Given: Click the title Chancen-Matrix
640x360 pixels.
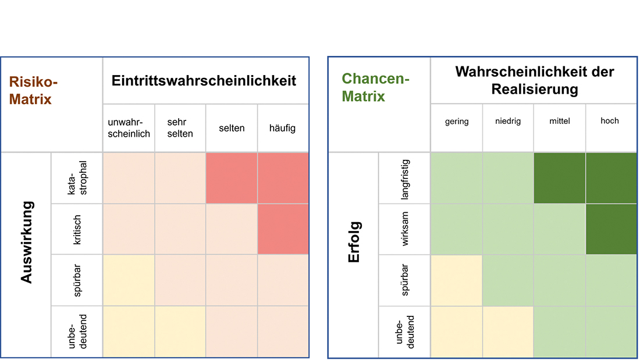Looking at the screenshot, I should tap(375, 87).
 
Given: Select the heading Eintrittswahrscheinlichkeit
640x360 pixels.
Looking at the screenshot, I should tap(204, 80).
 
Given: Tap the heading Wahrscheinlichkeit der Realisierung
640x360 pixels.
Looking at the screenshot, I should tap(534, 80).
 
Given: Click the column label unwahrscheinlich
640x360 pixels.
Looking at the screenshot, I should tap(129, 128).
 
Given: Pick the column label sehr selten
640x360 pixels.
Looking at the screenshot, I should tap(180, 128).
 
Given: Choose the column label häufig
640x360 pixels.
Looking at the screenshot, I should tap(282, 128).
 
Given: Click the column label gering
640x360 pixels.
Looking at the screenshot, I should tap(456, 122).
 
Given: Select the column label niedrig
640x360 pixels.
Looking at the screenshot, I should tap(508, 122).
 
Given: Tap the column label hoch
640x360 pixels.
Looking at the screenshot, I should tap(610, 121).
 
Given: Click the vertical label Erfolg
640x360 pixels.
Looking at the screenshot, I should tap(354, 242).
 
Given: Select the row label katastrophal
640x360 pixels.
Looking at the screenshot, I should tap(77, 178).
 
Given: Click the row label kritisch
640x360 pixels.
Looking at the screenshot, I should tap(77, 229).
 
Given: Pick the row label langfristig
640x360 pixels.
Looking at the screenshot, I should tap(405, 179).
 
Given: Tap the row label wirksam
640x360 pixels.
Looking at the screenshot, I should tap(405, 229).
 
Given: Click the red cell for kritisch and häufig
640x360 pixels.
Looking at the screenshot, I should tap(283, 229).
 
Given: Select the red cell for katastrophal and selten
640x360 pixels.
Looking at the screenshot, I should tap(231, 178).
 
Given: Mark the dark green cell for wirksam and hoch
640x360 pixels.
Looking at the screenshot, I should tap(610, 229).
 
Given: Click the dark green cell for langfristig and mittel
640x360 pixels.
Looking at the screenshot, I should tap(559, 178).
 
